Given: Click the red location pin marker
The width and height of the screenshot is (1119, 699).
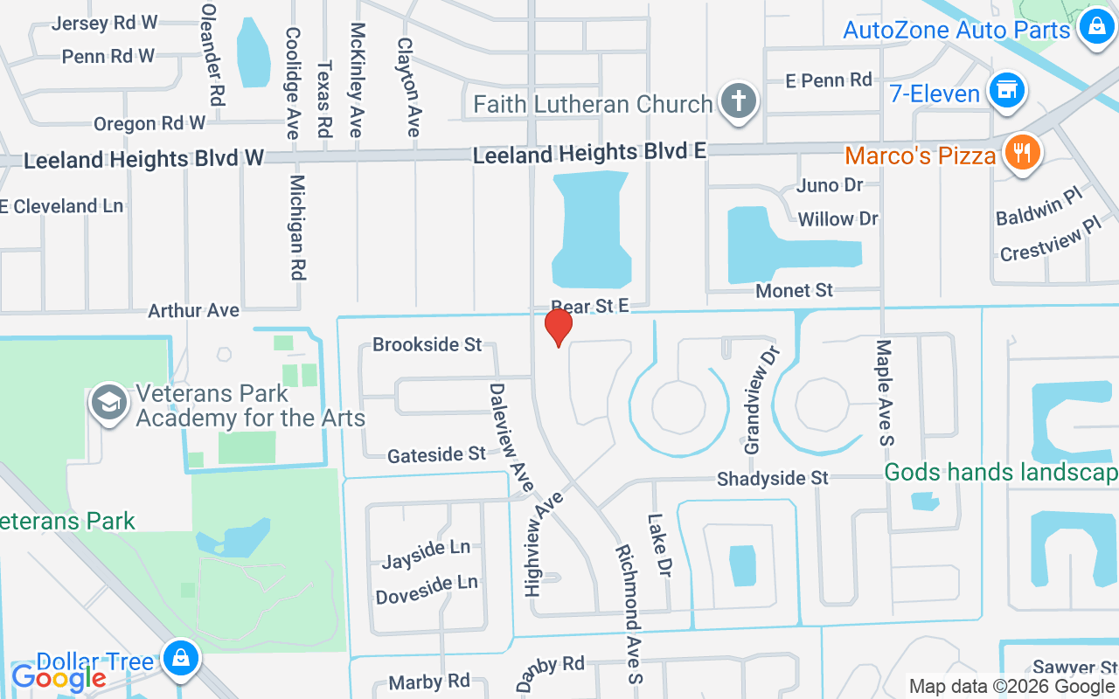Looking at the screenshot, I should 558,328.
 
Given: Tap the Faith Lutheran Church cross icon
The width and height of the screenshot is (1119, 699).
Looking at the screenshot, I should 738,101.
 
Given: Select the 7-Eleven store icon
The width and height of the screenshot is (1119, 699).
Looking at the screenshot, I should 1007,91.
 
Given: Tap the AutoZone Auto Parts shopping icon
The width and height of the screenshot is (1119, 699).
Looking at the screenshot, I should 1095,27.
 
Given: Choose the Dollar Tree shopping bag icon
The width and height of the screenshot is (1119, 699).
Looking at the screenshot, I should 181,659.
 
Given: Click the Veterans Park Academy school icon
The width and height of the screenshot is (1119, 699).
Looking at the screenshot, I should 109,404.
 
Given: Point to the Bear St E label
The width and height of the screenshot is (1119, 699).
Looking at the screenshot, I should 590,306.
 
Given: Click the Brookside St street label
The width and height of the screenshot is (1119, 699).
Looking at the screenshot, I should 427,344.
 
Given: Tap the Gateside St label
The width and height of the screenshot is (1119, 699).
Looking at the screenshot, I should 436,454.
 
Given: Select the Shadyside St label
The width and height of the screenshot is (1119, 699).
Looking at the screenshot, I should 772,478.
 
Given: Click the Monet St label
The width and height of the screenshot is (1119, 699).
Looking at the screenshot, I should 794,290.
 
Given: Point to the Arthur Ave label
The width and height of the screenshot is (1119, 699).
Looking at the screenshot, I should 193,310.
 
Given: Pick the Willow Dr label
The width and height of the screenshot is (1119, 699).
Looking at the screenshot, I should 838,218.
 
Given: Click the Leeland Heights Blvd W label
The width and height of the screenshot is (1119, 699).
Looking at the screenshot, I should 144,160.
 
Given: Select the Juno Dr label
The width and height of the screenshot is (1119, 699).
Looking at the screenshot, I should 830,185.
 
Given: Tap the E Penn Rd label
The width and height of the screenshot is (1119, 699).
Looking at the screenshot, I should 828,80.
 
